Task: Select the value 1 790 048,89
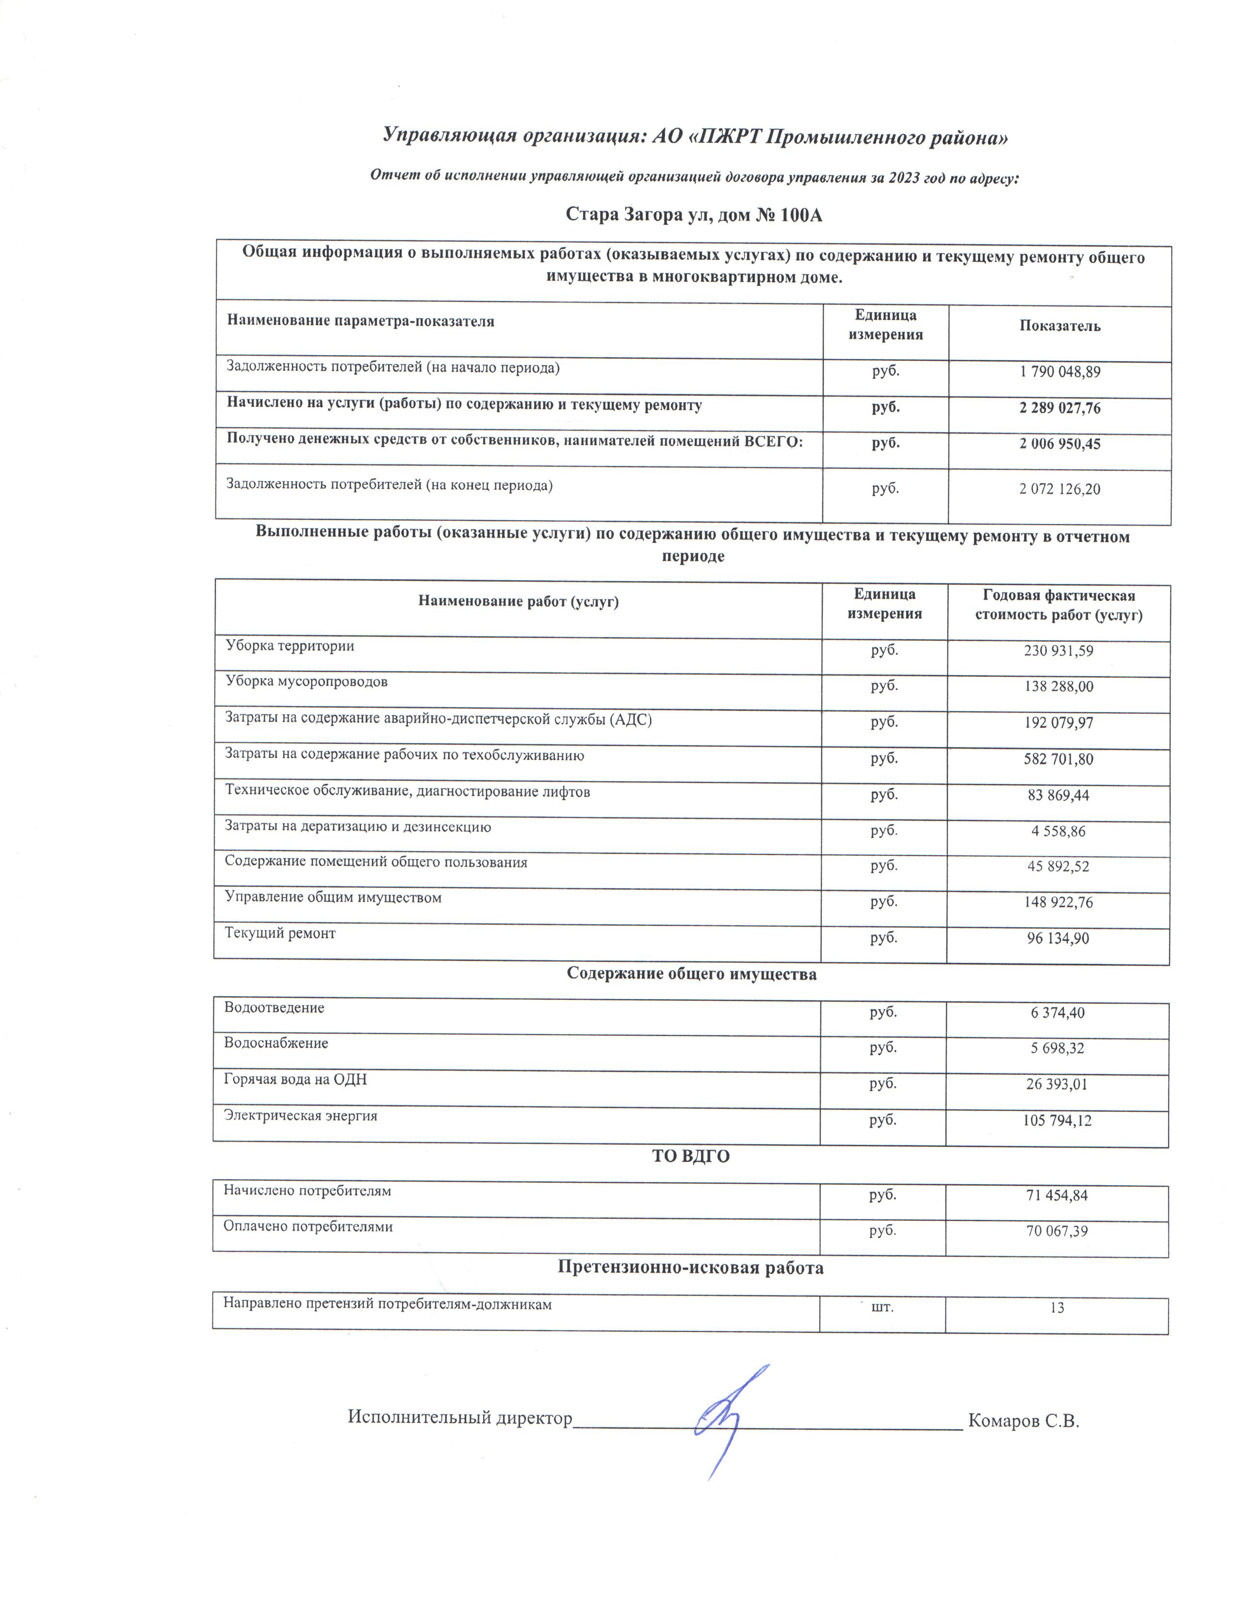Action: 1059,371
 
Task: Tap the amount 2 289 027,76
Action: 1059,408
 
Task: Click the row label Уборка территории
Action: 290,646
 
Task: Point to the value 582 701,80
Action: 1058,759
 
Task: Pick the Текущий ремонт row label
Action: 280,933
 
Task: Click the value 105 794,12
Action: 1058,1120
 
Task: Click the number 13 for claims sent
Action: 1057,1308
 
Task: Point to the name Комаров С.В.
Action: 1024,1421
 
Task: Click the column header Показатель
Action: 1059,326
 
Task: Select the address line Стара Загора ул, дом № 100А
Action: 694,215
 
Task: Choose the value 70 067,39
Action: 1057,1231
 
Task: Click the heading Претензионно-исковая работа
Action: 690,1267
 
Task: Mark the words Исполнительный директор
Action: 459,1418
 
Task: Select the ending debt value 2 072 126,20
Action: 1059,489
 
